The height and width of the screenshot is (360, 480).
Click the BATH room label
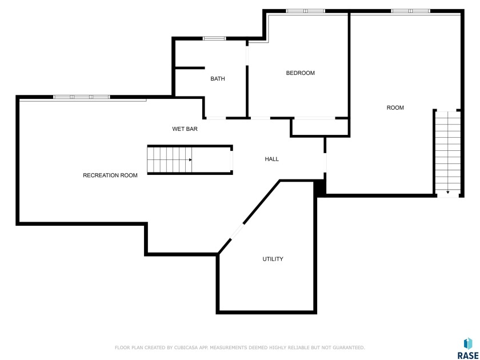click(x=218, y=79)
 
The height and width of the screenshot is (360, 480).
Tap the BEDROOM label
click(x=301, y=73)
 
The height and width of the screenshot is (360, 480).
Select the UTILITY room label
click(x=273, y=259)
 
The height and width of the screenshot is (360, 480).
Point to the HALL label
click(x=272, y=159)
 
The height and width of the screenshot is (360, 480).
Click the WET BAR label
click(x=185, y=129)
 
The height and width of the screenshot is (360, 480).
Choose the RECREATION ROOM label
click(x=110, y=175)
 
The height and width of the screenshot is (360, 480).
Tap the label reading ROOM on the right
click(x=395, y=108)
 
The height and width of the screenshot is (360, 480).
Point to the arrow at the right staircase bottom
click(x=448, y=192)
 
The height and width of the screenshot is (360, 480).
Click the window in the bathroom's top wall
click(x=214, y=39)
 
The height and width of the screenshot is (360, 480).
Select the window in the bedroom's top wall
click(x=306, y=11)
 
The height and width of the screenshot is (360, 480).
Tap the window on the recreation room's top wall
click(x=81, y=97)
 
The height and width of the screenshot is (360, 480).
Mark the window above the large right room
click(x=410, y=11)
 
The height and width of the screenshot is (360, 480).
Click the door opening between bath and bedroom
click(x=247, y=55)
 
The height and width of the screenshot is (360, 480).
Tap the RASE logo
click(x=468, y=349)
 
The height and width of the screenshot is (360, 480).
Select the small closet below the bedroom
click(x=320, y=127)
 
